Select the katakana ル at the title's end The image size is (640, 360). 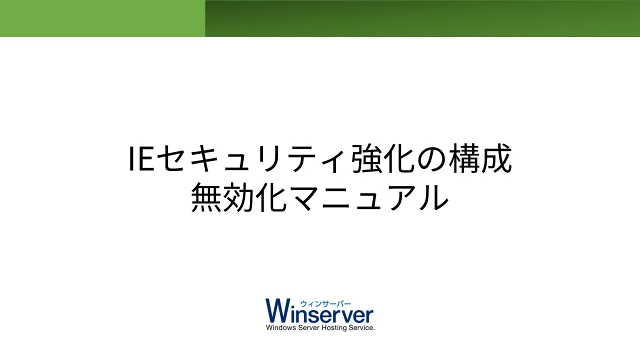pyautogui.click(x=433, y=198)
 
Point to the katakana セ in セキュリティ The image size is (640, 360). pyautogui.click(x=170, y=158)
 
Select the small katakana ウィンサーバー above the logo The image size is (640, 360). pyautogui.click(x=325, y=303)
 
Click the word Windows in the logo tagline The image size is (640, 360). pyautogui.click(x=281, y=327)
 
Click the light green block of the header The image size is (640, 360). pyautogui.click(x=102, y=18)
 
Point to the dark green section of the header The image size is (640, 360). pyautogui.click(x=422, y=18)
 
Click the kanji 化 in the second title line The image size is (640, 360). pyautogui.click(x=271, y=197)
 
